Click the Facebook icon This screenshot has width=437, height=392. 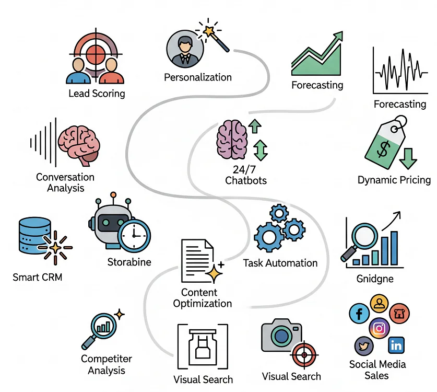(359, 313)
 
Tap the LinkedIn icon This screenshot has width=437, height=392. (396, 345)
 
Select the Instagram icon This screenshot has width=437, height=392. (380, 328)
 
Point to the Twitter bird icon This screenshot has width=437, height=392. (364, 346)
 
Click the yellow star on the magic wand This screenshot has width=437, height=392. (208, 30)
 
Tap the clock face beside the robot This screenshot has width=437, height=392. (134, 236)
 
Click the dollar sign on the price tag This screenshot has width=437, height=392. (383, 149)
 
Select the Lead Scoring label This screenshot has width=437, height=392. (97, 94)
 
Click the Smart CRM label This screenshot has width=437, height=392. (38, 277)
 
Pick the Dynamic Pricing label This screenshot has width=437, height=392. (394, 180)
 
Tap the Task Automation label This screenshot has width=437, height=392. (280, 263)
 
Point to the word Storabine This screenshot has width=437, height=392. (129, 262)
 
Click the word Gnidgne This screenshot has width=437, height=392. (375, 279)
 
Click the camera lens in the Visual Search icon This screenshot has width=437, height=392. (281, 336)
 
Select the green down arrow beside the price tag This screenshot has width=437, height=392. (408, 158)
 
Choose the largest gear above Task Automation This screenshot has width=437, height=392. (269, 237)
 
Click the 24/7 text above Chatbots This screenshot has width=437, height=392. (244, 169)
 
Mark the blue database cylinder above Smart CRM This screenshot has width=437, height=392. (35, 236)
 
